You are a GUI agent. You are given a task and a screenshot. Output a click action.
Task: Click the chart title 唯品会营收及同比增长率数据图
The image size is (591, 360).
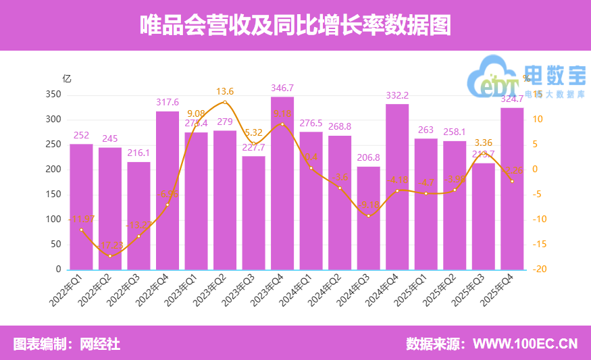295,25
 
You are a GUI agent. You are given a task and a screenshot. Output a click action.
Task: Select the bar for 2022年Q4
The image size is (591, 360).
168,190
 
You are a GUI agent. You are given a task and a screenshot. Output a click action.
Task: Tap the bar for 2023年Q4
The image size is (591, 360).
282,183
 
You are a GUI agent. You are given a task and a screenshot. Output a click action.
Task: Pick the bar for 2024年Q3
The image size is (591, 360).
368,217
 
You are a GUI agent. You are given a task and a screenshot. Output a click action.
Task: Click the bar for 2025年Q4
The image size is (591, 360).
512,188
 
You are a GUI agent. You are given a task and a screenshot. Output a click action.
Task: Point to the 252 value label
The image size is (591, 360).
81,135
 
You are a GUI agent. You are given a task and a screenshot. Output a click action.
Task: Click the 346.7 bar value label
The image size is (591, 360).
282,88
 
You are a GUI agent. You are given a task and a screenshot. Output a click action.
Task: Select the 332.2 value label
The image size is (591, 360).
397,95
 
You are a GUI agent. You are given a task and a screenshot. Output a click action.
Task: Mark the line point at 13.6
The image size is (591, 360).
225,102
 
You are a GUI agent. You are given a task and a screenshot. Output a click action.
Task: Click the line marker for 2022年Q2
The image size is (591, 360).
110,255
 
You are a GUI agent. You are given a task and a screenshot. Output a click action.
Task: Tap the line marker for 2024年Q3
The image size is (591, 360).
368,215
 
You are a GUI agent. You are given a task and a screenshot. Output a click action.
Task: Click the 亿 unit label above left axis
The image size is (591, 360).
66,78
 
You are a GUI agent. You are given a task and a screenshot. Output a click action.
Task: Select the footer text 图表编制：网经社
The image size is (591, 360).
67,344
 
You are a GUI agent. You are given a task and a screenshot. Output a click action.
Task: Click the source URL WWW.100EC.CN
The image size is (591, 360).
525,344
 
